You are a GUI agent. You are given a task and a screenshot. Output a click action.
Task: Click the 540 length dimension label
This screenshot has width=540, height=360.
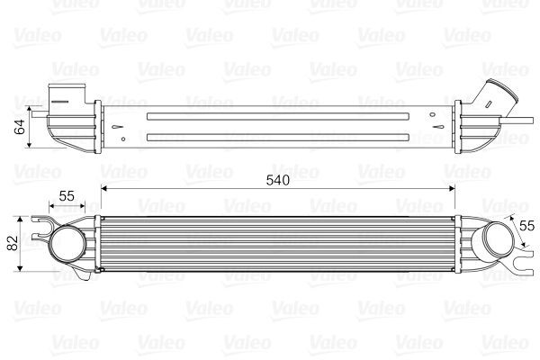(x=277, y=179)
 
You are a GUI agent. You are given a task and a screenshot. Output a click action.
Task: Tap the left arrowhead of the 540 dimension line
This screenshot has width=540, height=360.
(x=104, y=189)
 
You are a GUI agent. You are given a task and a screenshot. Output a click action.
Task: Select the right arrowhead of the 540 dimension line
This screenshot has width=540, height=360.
(x=455, y=189)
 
